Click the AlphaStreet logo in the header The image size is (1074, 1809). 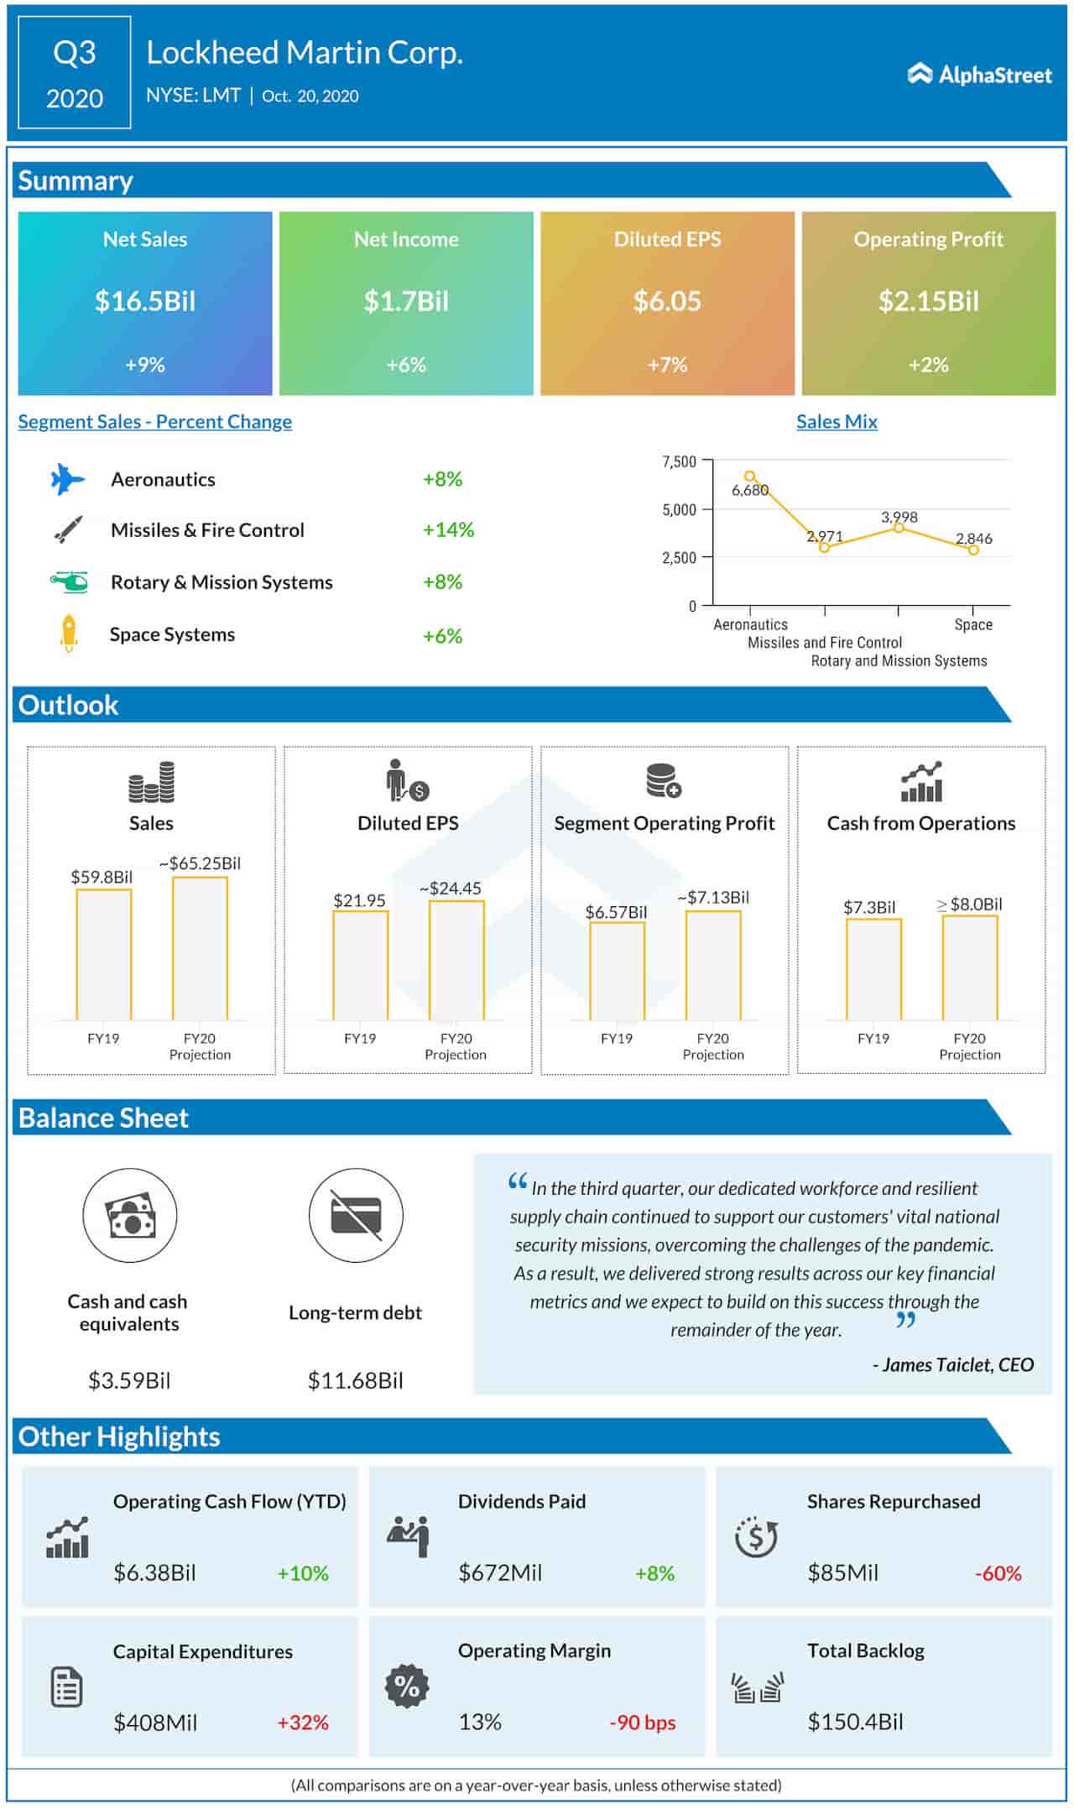coord(979,75)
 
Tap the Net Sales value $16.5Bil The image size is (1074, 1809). coord(145,300)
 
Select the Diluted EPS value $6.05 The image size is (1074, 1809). coord(667,300)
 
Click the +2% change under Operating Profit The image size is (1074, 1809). coord(928,364)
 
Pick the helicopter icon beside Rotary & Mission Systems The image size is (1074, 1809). coord(69,581)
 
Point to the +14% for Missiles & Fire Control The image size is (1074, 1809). coord(448,529)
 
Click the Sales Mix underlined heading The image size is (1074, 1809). coord(837,421)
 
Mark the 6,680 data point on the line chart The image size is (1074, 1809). coord(750,477)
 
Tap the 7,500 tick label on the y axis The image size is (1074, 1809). coord(680,461)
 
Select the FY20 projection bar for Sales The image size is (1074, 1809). coord(200,948)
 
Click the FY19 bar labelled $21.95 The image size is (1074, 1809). coord(360,965)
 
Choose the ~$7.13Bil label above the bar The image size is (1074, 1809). coord(713,897)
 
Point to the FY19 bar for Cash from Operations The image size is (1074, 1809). coord(873,969)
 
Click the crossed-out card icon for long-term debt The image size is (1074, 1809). coord(356,1215)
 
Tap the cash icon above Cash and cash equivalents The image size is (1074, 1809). coord(129,1215)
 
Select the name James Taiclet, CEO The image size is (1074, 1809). coord(953,1364)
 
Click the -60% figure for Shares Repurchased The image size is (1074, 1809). coord(998,1573)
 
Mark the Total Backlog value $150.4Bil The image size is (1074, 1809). coord(855,1722)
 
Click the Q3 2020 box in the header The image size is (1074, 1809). coord(75,74)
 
